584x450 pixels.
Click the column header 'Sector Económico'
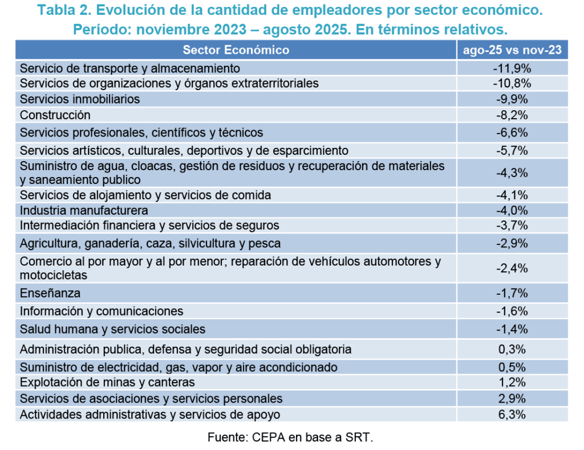[x=236, y=50]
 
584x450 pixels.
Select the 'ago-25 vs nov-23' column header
[x=512, y=50]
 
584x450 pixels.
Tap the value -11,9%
[x=512, y=68]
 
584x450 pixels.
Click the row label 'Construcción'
[x=55, y=115]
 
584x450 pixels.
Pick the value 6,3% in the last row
[x=512, y=415]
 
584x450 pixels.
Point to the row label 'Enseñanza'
[x=50, y=294]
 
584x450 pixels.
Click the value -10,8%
[x=512, y=83]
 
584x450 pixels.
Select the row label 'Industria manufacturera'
[x=84, y=210]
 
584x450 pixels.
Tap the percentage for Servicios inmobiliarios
[x=512, y=99]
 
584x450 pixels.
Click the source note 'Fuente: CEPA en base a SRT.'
[x=290, y=438]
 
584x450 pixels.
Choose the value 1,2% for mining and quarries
[x=512, y=382]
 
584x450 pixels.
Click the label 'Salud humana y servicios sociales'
[x=112, y=330]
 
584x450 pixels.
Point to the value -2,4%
[x=512, y=268]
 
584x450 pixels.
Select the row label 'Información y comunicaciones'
[x=102, y=311]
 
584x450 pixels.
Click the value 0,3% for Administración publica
[x=512, y=349]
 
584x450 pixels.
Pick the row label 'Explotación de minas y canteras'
[x=107, y=382]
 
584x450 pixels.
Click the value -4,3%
[x=512, y=172]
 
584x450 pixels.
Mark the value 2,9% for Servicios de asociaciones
[x=512, y=398]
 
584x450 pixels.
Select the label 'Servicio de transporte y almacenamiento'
[x=130, y=68]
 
